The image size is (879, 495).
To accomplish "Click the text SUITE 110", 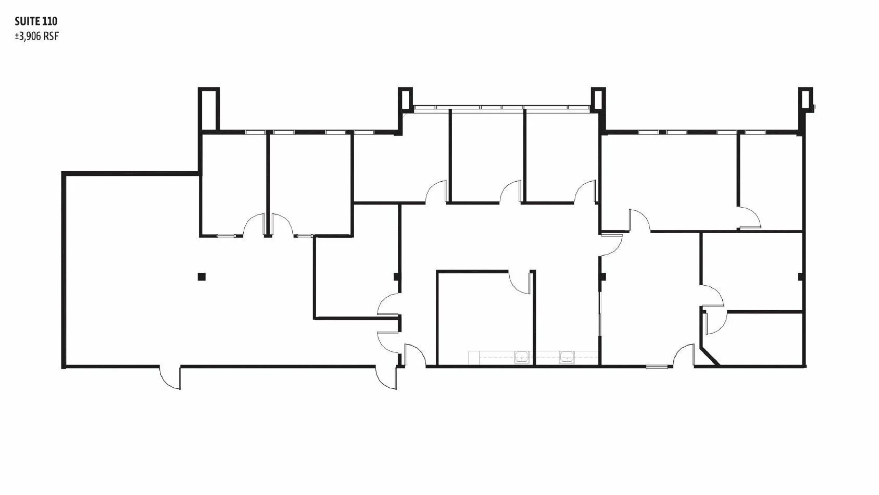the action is (36, 21).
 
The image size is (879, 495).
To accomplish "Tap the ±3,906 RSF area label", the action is (37, 36).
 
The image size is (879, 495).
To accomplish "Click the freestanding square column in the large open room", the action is (202, 277).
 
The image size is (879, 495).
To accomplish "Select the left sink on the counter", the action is (521, 357).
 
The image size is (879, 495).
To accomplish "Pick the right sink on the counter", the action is (567, 357).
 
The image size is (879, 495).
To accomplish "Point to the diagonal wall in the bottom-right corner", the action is (710, 356).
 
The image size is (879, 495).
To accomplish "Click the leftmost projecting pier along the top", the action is (209, 109).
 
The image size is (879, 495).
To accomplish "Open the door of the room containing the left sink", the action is (520, 282).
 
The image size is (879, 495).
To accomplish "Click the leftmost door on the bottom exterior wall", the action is (170, 377).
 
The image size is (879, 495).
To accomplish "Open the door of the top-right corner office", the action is (749, 217).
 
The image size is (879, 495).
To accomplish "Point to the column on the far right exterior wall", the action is (800, 277).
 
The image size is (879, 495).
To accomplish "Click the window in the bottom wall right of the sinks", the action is (657, 367).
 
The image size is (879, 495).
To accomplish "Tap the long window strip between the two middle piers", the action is (502, 107).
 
